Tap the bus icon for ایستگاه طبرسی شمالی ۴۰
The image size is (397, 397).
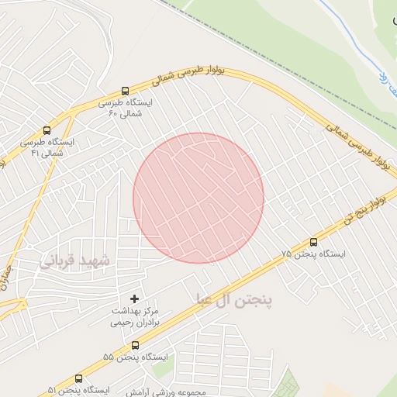tap(126, 91)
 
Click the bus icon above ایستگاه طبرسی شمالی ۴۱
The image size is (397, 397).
tap(47, 131)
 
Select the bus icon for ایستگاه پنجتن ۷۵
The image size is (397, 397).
tap(313, 243)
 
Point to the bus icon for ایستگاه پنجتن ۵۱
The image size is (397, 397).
tap(78, 379)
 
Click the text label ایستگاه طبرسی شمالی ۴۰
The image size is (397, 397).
tap(126, 108)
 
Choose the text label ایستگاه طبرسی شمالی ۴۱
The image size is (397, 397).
tap(47, 147)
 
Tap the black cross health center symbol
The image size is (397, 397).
tap(134, 299)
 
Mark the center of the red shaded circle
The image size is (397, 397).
tap(198, 198)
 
